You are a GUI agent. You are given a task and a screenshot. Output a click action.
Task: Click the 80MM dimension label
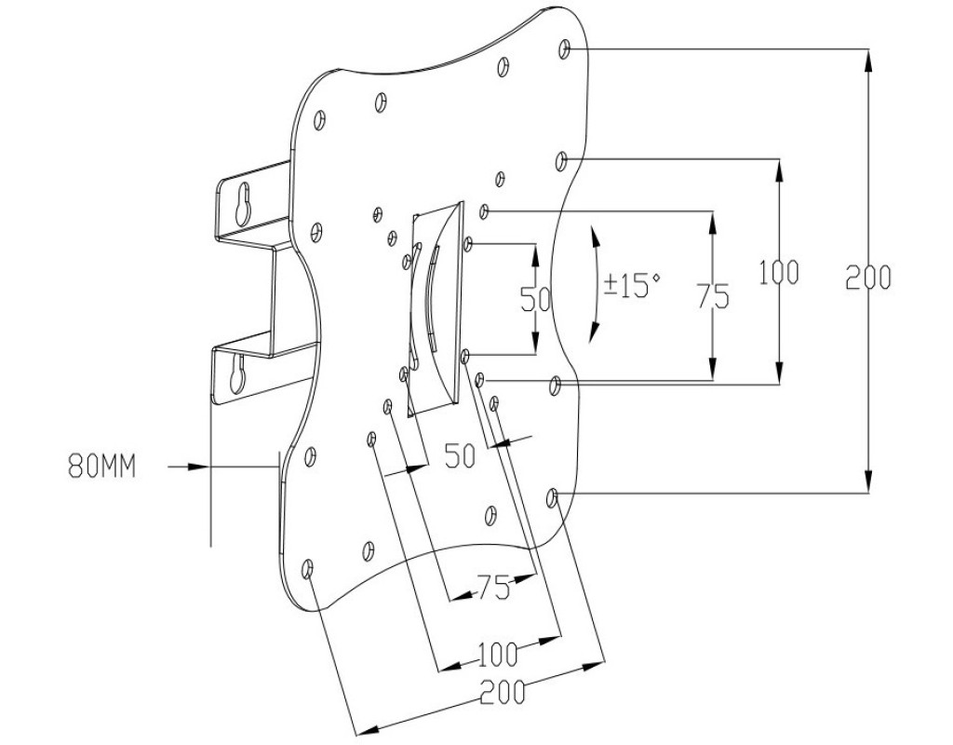click(101, 466)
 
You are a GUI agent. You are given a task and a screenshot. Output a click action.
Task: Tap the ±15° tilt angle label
click(631, 285)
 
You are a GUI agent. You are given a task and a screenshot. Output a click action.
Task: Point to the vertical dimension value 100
click(779, 273)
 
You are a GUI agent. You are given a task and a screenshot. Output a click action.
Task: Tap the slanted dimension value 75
click(493, 588)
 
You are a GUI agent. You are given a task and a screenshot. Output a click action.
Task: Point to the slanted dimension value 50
click(460, 456)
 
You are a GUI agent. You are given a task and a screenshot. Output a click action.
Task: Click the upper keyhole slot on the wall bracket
click(243, 205)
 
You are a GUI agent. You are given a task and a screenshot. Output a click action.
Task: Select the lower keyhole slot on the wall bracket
click(236, 374)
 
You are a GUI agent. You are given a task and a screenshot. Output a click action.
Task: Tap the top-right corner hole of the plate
click(565, 47)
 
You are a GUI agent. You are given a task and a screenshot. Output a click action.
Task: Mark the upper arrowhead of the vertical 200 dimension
click(868, 57)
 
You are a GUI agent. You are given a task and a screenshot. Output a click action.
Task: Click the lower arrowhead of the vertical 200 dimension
click(868, 484)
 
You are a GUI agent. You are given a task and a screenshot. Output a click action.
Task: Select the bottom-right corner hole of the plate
click(553, 498)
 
